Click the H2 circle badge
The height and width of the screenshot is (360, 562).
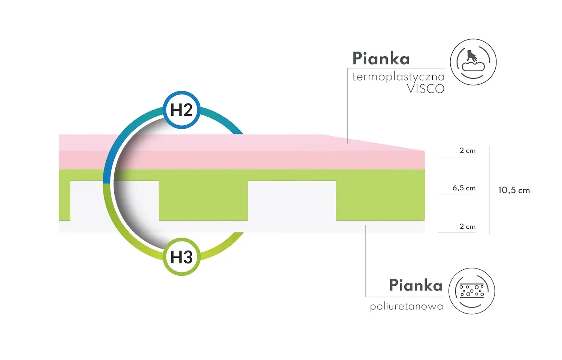tap(182, 110)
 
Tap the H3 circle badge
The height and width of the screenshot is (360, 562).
tap(182, 257)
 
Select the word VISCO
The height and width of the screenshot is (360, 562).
tap(426, 89)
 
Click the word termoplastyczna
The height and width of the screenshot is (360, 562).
tap(398, 77)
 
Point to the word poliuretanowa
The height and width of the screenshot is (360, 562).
tap(406, 306)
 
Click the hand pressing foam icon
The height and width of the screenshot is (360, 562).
tap(473, 62)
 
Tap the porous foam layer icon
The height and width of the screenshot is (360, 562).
tap(472, 291)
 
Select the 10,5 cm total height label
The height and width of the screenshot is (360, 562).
tap(514, 190)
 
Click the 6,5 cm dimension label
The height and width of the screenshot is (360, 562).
tap(464, 188)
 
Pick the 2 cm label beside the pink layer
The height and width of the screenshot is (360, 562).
tap(467, 150)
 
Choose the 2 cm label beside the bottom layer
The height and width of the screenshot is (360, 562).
tap(467, 226)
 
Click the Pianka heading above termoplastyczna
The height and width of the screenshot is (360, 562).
tap(381, 58)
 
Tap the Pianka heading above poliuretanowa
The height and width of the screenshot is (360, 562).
tap(416, 285)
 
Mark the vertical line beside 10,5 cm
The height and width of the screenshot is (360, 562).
tap(490, 190)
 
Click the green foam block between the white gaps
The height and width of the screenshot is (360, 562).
tap(203, 201)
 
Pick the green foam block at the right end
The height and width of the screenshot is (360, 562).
tap(380, 201)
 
